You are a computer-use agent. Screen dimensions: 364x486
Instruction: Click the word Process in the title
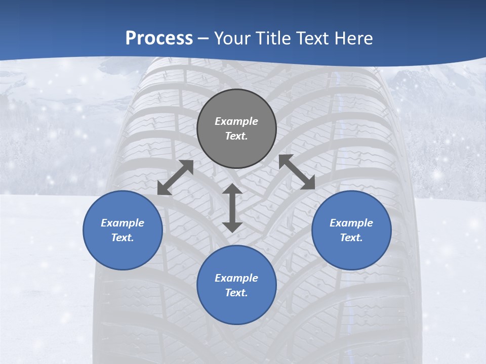click(x=159, y=38)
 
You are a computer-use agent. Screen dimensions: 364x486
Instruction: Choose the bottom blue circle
click(x=236, y=308)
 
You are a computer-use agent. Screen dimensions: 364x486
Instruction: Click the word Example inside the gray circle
click(x=236, y=121)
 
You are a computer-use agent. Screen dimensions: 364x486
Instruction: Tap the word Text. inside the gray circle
click(x=236, y=136)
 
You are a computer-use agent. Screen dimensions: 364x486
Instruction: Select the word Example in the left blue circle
click(x=123, y=223)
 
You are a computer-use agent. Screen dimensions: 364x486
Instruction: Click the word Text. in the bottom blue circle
click(x=236, y=293)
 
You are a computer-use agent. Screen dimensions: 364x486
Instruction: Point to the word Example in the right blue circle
click(x=351, y=223)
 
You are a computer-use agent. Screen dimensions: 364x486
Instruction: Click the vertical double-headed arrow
click(x=232, y=208)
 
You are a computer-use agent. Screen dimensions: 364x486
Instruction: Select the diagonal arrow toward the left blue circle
click(x=176, y=177)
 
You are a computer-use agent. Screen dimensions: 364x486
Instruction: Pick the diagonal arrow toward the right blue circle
click(x=297, y=172)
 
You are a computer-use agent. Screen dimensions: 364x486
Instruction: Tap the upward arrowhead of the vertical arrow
click(x=232, y=189)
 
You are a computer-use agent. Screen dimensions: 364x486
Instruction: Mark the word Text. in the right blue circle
click(x=351, y=238)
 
